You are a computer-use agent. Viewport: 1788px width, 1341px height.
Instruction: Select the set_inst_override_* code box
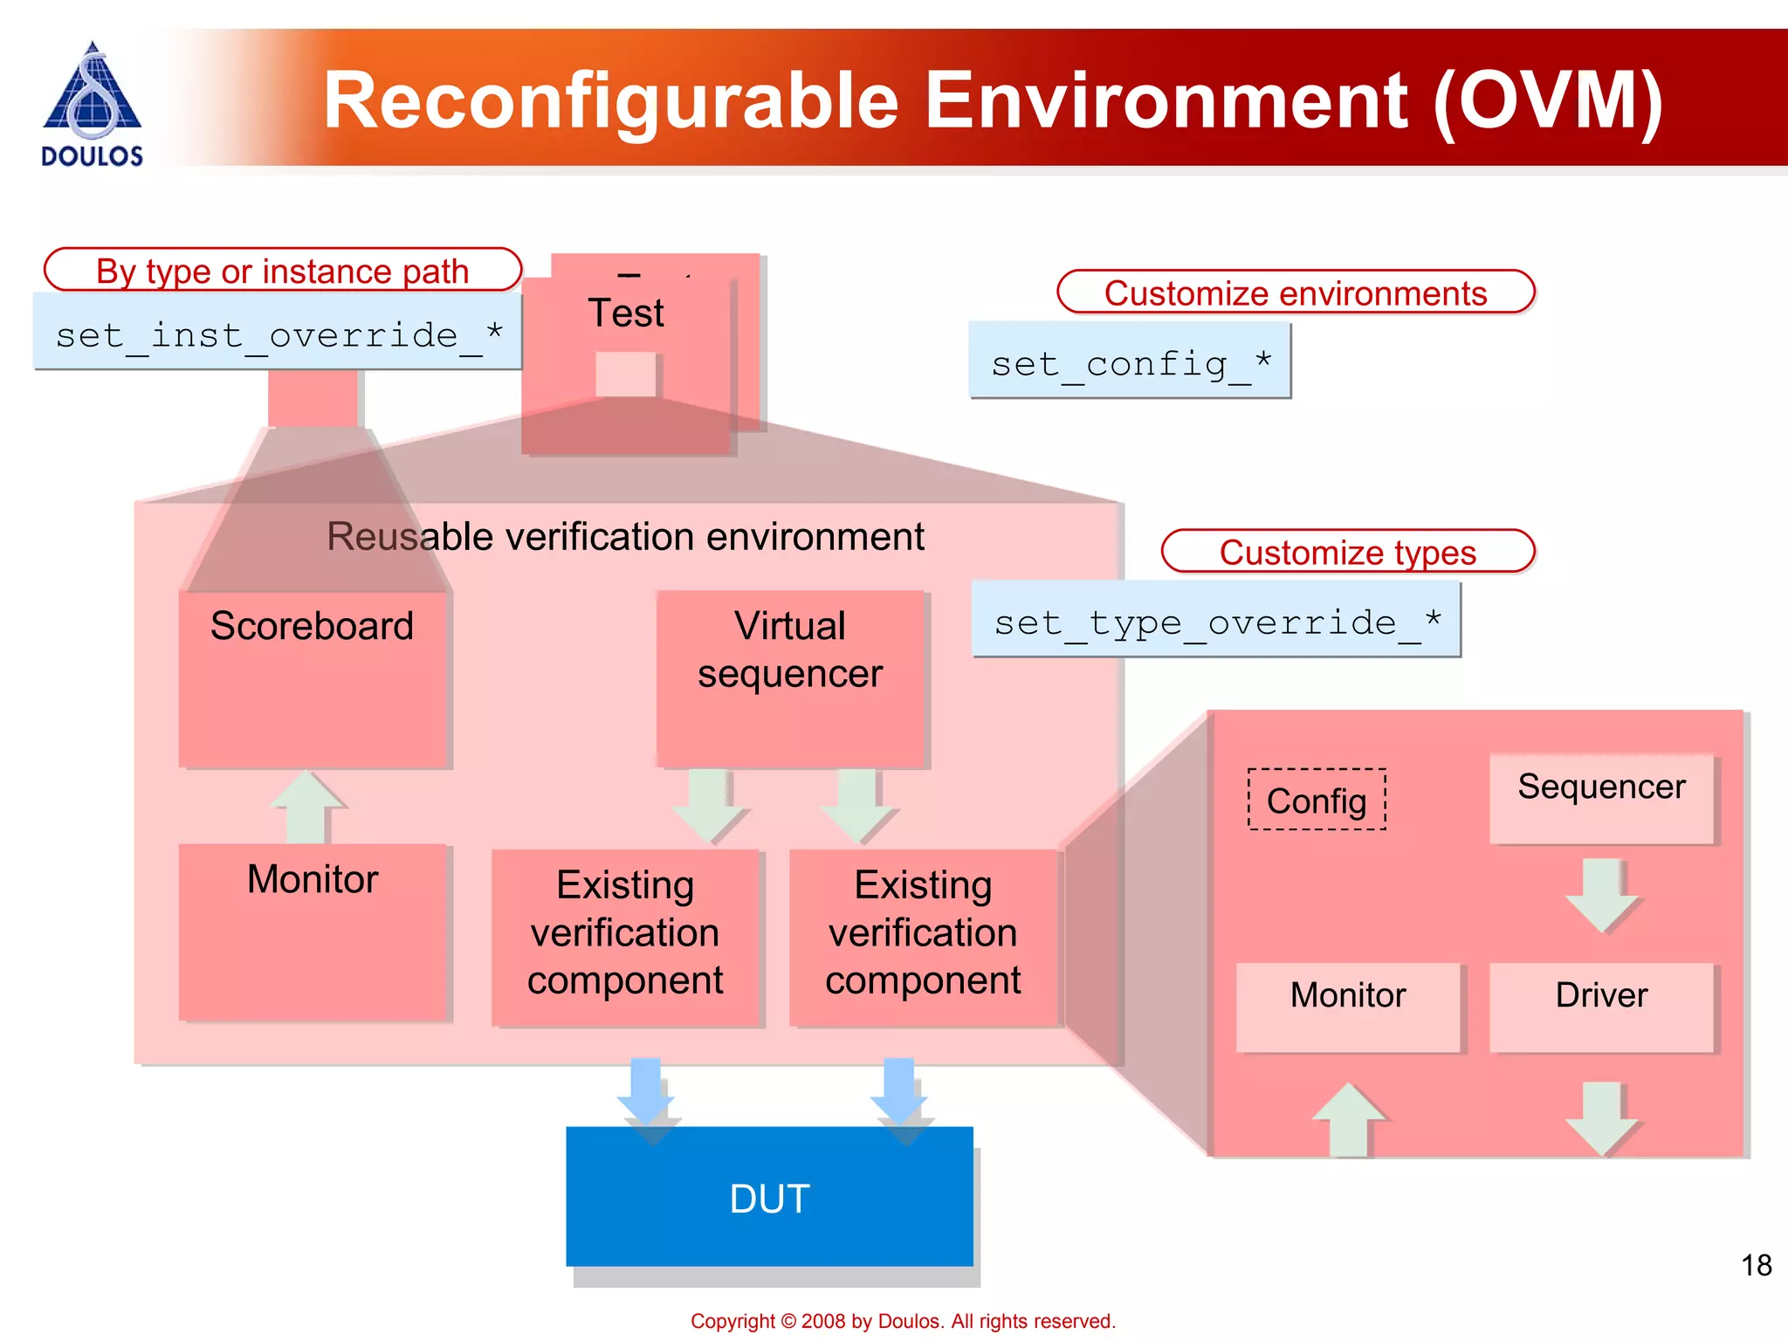(x=278, y=333)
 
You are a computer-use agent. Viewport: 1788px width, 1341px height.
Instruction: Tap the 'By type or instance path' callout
(x=282, y=271)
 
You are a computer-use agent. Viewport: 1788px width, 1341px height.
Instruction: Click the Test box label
(x=625, y=313)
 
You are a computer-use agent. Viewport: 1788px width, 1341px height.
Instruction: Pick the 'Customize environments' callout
(x=1295, y=292)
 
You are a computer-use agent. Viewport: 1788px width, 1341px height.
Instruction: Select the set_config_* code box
(x=1129, y=361)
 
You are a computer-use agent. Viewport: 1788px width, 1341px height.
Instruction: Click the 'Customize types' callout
(x=1347, y=552)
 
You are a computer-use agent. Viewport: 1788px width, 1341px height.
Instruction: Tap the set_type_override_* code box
(x=1215, y=621)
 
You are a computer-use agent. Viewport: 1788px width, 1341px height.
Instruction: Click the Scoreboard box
(x=313, y=679)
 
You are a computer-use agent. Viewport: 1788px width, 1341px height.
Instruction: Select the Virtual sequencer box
(x=790, y=678)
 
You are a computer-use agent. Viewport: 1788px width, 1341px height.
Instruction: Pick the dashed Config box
(x=1317, y=800)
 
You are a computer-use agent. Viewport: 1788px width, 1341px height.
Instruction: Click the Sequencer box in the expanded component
(x=1601, y=797)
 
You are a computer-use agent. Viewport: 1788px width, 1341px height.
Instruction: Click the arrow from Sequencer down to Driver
(x=1601, y=896)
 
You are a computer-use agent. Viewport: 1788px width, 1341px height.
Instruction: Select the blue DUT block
(x=769, y=1197)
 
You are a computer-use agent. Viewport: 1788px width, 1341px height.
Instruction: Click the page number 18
(x=1756, y=1265)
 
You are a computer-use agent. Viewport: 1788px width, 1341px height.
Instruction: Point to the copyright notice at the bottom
(x=903, y=1321)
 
